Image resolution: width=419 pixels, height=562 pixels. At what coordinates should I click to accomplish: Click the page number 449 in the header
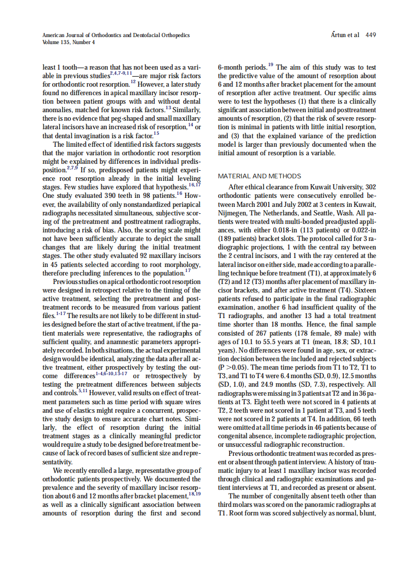click(x=370, y=35)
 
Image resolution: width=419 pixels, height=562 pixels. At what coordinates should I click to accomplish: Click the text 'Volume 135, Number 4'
click(x=69, y=42)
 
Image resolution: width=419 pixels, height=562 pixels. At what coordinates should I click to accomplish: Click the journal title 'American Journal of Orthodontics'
click(x=85, y=35)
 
